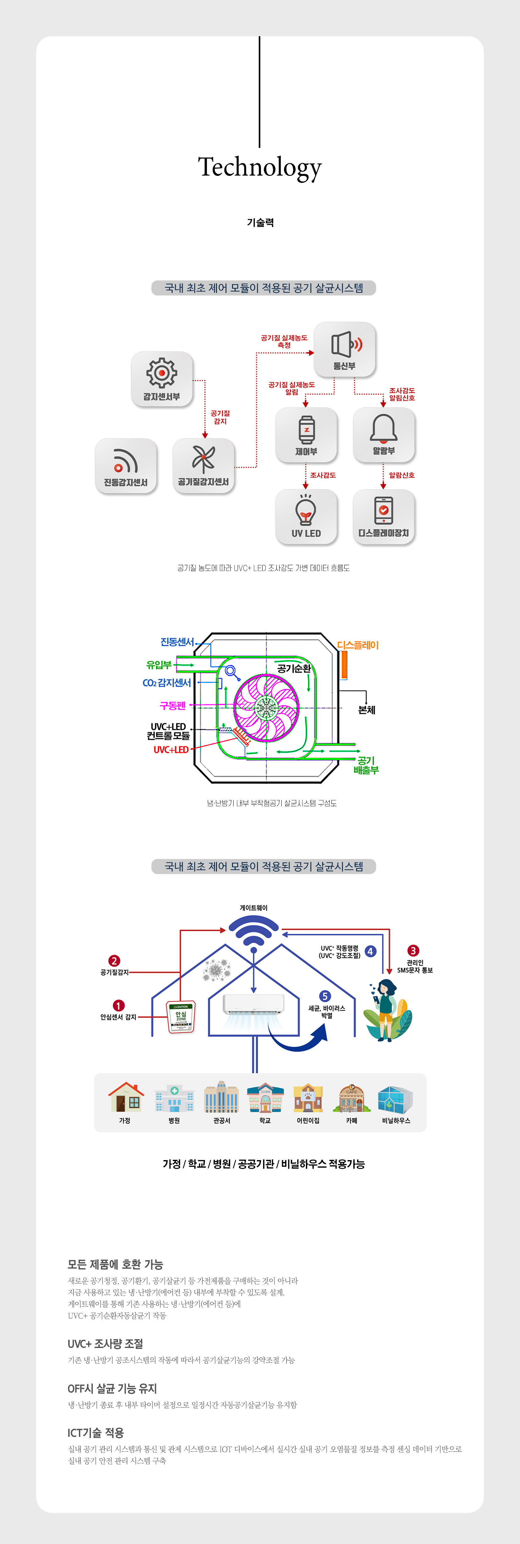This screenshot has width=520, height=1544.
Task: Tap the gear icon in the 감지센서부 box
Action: pos(162,373)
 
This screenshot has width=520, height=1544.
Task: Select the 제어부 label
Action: pos(306,451)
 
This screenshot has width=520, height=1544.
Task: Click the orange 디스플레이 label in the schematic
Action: pos(358,645)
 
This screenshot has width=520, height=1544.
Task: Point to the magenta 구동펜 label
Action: pos(173,705)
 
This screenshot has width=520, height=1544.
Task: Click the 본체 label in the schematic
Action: pos(367,710)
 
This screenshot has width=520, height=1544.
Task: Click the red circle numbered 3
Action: pos(413,951)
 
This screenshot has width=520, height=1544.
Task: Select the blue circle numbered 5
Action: pos(325,996)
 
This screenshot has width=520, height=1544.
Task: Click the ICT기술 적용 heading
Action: pos(96,1433)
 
